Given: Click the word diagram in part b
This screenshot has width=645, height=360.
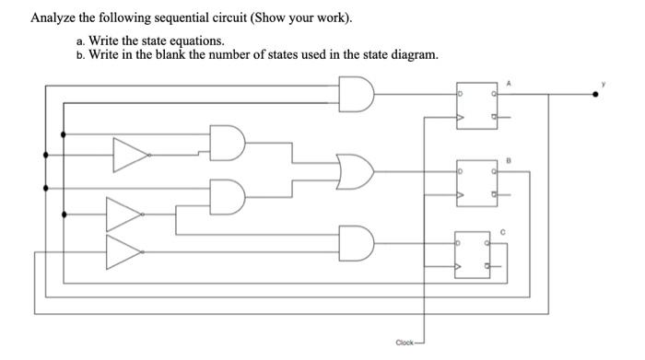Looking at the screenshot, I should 412,55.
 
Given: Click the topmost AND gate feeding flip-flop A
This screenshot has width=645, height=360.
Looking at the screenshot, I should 358,94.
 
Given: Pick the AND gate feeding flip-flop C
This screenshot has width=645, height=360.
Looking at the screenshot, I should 358,243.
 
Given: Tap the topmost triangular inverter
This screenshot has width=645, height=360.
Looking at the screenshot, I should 130,155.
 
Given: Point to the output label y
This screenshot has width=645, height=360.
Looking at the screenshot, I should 605,82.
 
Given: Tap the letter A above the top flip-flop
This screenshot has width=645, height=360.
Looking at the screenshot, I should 505,82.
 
